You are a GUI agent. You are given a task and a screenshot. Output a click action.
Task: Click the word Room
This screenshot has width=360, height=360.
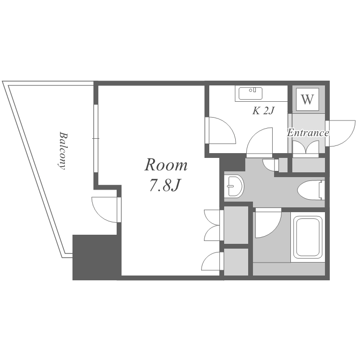click(x=166, y=165)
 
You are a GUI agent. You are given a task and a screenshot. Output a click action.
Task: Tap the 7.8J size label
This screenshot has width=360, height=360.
click(x=164, y=185)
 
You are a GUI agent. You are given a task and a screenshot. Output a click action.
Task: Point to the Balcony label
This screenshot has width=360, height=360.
click(x=62, y=150)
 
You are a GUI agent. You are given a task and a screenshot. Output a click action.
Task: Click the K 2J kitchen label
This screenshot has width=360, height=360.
click(x=264, y=111)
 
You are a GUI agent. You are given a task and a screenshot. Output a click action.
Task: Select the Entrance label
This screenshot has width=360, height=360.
click(x=308, y=132)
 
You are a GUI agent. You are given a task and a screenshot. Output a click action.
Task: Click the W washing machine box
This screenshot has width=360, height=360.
click(x=307, y=99)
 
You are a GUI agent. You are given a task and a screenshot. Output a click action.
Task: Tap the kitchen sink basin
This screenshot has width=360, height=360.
click(x=251, y=94)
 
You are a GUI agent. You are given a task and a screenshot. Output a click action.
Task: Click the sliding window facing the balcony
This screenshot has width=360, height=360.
click(x=96, y=138)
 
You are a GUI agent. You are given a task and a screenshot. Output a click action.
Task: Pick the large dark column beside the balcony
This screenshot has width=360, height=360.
click(x=96, y=257)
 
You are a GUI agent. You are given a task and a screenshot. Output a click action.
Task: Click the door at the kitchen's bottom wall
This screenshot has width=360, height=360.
click(x=260, y=142)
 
